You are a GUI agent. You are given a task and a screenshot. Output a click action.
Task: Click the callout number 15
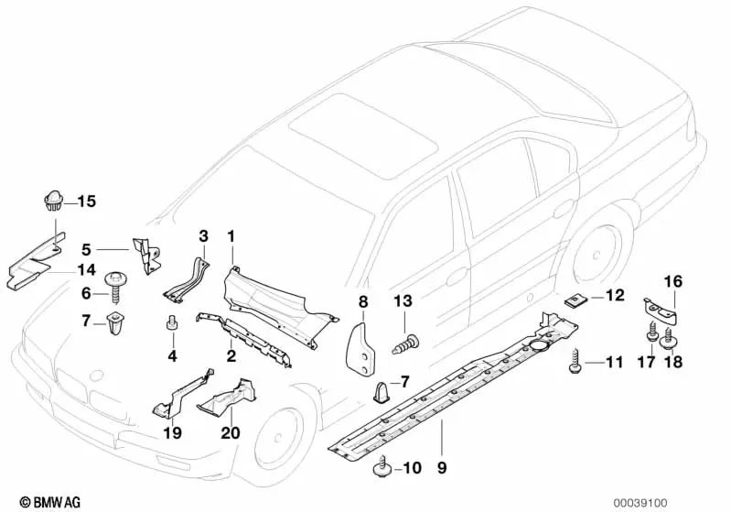[86, 201]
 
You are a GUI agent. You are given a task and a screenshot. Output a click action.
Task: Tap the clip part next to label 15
[53, 199]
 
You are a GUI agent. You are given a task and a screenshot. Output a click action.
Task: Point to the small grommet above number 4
[170, 321]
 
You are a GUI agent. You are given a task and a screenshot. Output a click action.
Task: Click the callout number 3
[204, 236]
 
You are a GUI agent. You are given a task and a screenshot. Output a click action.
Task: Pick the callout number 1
[231, 236]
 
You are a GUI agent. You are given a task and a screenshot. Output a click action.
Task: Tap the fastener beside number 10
[381, 471]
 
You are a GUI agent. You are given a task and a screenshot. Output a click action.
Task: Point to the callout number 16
[672, 281]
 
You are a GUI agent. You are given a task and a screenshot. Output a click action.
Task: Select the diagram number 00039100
[690, 502]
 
